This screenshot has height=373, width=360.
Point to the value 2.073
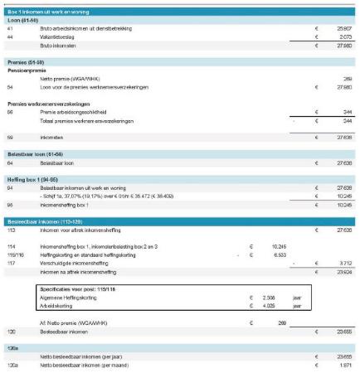click(343, 37)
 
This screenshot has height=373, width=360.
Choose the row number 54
click(10, 86)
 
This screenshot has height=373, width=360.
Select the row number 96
click(10, 204)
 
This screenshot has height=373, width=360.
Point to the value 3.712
click(343, 263)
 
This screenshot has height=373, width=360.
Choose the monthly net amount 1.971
click(343, 365)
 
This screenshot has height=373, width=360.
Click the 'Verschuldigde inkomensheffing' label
click(75, 263)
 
